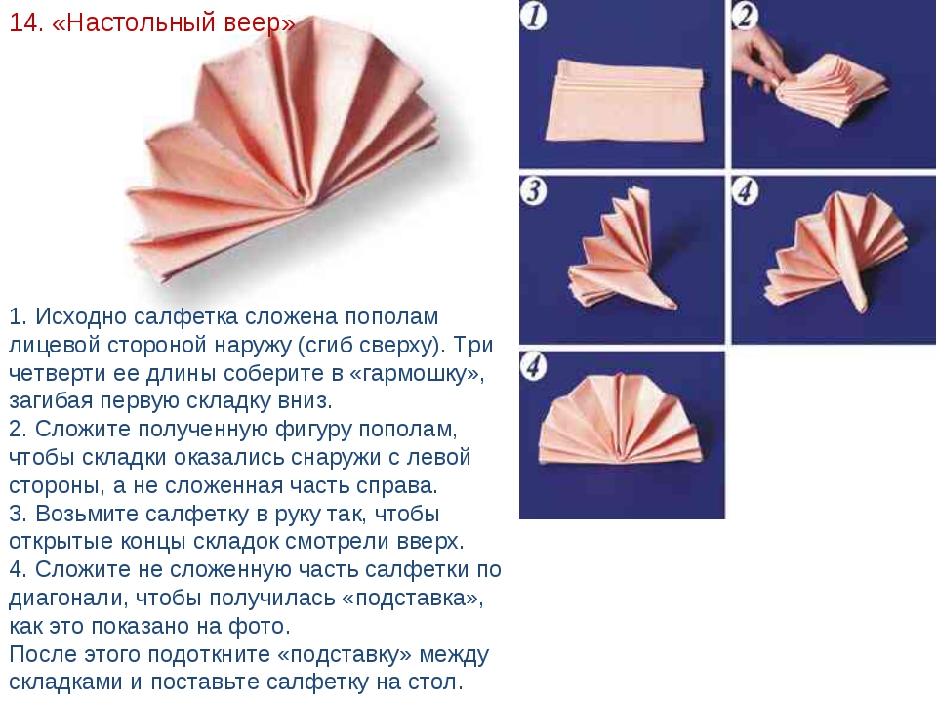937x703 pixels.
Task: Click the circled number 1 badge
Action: pyautogui.click(x=533, y=15)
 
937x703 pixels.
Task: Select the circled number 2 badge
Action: pyautogui.click(x=745, y=15)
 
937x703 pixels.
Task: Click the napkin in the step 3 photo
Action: pyautogui.click(x=622, y=250)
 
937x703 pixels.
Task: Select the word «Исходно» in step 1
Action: pyautogui.click(x=81, y=316)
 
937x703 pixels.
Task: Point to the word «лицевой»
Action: pyautogui.click(x=52, y=345)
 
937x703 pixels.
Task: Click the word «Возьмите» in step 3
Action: pyautogui.click(x=87, y=514)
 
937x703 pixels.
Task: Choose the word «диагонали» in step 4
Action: pyautogui.click(x=65, y=598)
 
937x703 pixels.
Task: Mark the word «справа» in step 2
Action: pyautogui.click(x=394, y=485)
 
